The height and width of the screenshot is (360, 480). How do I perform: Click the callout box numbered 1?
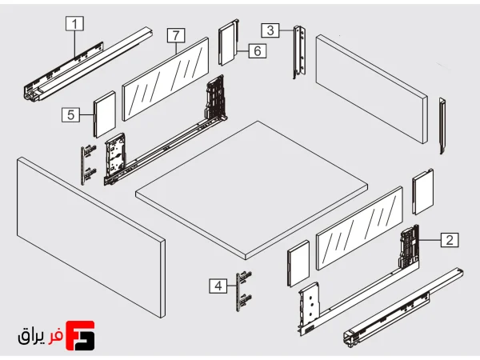coord(74,23)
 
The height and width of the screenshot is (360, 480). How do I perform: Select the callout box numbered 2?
coord(450,240)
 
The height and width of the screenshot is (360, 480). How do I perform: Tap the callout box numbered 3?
coord(270,30)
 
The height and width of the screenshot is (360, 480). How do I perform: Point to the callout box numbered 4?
coord(218,286)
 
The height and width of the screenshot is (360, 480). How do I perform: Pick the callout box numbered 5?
coord(70,114)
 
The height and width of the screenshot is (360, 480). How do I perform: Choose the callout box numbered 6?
coord(257,50)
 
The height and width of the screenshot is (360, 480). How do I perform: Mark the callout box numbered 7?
coord(176,35)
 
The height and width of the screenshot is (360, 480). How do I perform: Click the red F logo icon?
coord(80,335)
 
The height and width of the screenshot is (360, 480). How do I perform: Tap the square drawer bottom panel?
coord(252,190)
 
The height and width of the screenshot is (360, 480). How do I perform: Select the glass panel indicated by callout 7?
coord(166,79)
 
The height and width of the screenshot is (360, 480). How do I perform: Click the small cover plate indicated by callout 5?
coord(105,114)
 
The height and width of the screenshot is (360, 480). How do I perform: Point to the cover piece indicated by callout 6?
coord(229,42)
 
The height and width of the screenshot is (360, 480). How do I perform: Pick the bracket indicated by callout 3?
coord(299,52)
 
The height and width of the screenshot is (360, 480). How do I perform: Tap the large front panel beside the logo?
coord(91,238)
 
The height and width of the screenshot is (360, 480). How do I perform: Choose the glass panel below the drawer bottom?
coord(359,228)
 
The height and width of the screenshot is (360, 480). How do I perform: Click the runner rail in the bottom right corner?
coord(403,308)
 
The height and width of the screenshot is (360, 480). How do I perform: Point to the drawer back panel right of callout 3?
coord(371,89)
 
